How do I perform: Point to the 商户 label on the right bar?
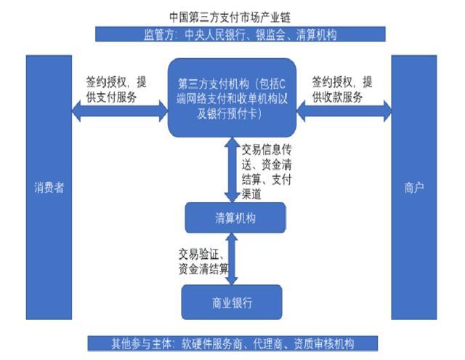[x=413, y=187]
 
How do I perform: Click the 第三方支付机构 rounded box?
[x=232, y=97]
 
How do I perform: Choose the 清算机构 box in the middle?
[x=232, y=217]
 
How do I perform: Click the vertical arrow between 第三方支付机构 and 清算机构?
[x=232, y=170]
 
